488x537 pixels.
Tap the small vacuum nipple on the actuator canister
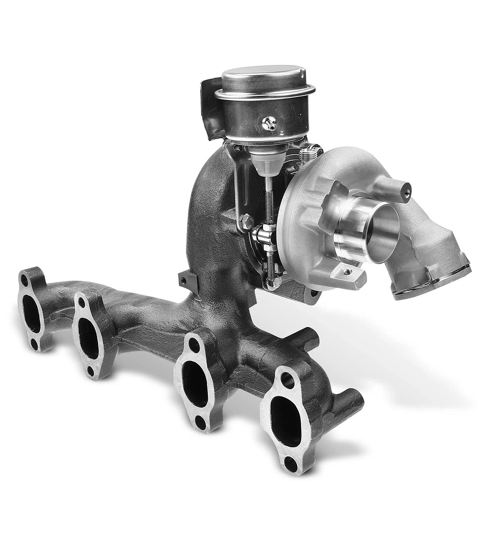(268, 124)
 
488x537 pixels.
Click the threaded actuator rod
(269, 205)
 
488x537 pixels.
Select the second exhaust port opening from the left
(88, 339)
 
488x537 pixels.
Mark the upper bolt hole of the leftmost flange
(24, 279)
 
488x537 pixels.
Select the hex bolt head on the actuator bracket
(246, 222)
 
